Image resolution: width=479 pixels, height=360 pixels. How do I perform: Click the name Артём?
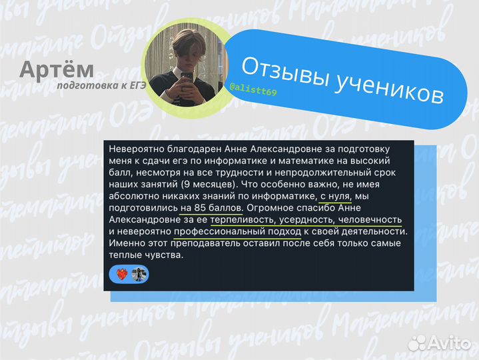coord(56,70)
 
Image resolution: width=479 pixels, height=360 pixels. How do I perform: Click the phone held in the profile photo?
coord(187,85)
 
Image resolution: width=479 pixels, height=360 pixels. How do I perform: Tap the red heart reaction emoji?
coord(121,274)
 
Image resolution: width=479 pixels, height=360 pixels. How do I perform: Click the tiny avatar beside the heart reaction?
coord(138,274)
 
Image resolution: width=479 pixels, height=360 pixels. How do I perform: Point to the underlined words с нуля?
coord(334,195)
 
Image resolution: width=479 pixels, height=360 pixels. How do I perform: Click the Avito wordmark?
coord(449,343)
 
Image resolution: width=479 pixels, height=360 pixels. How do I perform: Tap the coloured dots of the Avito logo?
coord(416,343)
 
